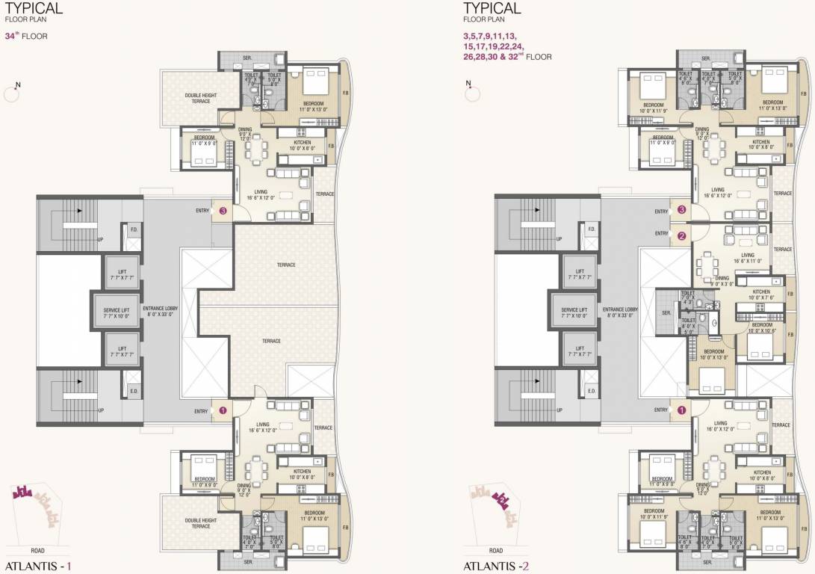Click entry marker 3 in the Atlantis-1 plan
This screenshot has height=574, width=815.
click(x=224, y=212)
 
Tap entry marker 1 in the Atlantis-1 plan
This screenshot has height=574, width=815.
click(x=224, y=410)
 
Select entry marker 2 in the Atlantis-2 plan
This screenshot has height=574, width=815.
click(x=682, y=237)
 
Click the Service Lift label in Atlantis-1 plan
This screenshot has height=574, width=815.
click(x=117, y=312)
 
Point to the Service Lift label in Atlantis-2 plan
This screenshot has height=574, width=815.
click(x=574, y=312)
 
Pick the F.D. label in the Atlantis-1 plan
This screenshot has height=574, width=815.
click(x=134, y=230)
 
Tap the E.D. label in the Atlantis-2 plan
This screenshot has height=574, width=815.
click(x=591, y=390)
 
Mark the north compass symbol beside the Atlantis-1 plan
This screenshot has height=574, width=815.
click(x=11, y=91)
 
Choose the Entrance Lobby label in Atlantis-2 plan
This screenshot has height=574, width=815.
click(x=619, y=312)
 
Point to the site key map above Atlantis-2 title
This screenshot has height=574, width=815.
click(x=492, y=501)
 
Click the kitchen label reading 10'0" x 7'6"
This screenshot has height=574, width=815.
click(x=761, y=294)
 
